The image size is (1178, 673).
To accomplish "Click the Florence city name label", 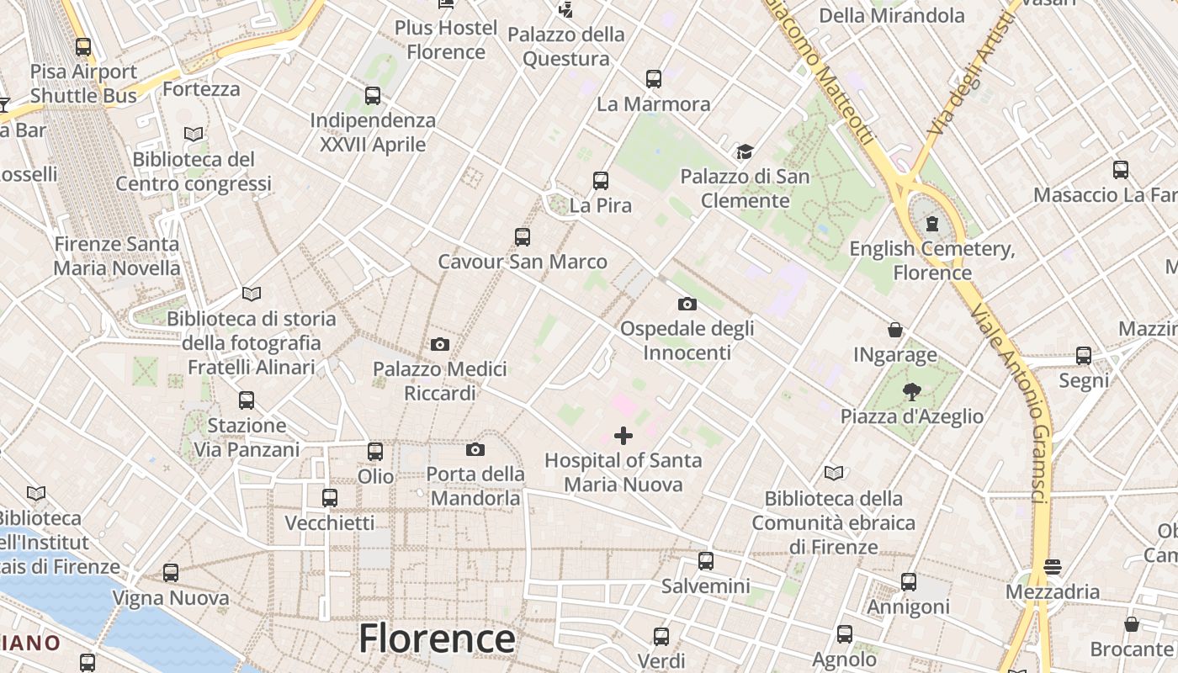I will pyautogui.click(x=437, y=639).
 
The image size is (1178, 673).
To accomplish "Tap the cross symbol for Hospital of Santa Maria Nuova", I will pyautogui.click(x=623, y=435).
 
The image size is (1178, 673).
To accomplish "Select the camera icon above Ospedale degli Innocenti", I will pyautogui.click(x=687, y=304).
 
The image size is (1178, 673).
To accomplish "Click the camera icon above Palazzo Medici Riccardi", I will pyautogui.click(x=439, y=344).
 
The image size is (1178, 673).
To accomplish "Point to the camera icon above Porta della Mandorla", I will pyautogui.click(x=475, y=449).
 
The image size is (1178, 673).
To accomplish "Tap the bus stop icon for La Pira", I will pyautogui.click(x=601, y=181).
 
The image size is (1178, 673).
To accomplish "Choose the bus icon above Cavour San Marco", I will pyautogui.click(x=523, y=237).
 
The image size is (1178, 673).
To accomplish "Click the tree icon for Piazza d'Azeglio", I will pyautogui.click(x=911, y=391).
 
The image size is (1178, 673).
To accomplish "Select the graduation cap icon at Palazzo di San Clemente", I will pyautogui.click(x=745, y=151).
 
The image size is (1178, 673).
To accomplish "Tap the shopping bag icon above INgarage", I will pyautogui.click(x=895, y=330).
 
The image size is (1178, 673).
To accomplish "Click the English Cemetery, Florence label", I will pyautogui.click(x=932, y=261).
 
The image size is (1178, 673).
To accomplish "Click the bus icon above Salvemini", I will pyautogui.click(x=706, y=560).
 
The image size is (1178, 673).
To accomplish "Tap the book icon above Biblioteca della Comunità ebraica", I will pyautogui.click(x=834, y=473).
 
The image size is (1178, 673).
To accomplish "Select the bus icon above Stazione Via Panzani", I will pyautogui.click(x=247, y=400).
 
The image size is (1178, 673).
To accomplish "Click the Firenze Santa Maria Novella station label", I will pyautogui.click(x=117, y=256).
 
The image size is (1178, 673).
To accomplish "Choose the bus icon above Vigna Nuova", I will pyautogui.click(x=171, y=573).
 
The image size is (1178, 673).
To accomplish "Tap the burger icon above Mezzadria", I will pyautogui.click(x=1053, y=567).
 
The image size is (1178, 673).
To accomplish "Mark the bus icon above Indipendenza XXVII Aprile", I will pyautogui.click(x=373, y=96).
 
